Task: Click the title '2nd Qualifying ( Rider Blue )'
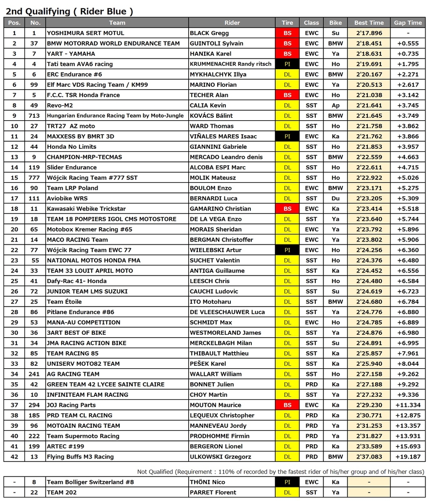click(69, 11)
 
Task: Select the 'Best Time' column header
click(369, 23)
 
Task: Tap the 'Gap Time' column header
click(408, 23)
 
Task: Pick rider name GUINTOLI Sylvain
click(217, 44)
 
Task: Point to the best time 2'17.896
click(369, 33)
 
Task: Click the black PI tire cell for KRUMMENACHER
click(287, 64)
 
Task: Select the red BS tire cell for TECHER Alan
click(287, 95)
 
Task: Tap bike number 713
click(35, 116)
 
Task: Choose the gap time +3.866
click(408, 136)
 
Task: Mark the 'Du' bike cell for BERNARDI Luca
click(335, 198)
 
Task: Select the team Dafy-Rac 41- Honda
click(77, 281)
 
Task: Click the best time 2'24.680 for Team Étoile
click(369, 302)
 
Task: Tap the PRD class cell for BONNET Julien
click(311, 384)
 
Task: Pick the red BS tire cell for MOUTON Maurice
click(287, 405)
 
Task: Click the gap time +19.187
click(408, 456)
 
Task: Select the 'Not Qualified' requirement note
click(280, 471)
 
